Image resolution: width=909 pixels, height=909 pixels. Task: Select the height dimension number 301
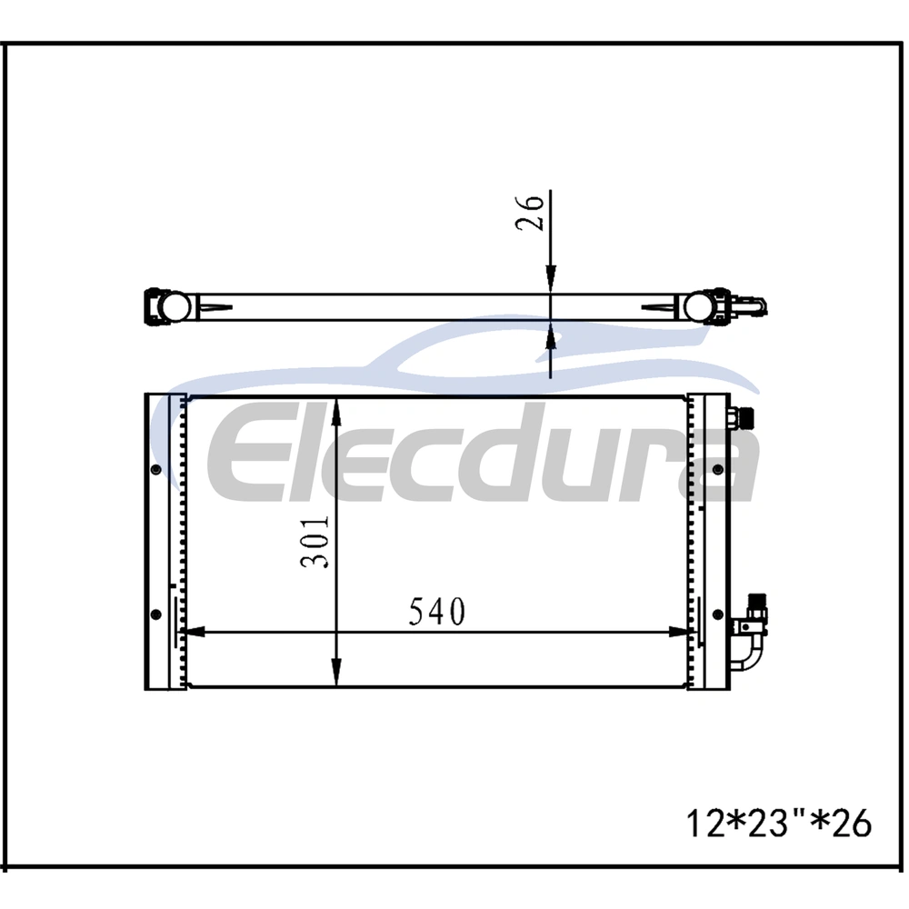coord(315,542)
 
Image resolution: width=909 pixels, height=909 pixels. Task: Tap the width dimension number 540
coord(437,612)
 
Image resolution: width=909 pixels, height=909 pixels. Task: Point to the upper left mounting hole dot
coord(155,469)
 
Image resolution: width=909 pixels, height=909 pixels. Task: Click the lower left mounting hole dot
coord(155,614)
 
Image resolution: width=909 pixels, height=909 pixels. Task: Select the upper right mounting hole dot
coord(718,469)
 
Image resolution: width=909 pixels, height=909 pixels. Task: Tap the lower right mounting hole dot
coord(718,614)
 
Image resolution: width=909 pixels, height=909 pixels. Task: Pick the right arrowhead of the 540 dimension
coord(679,632)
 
